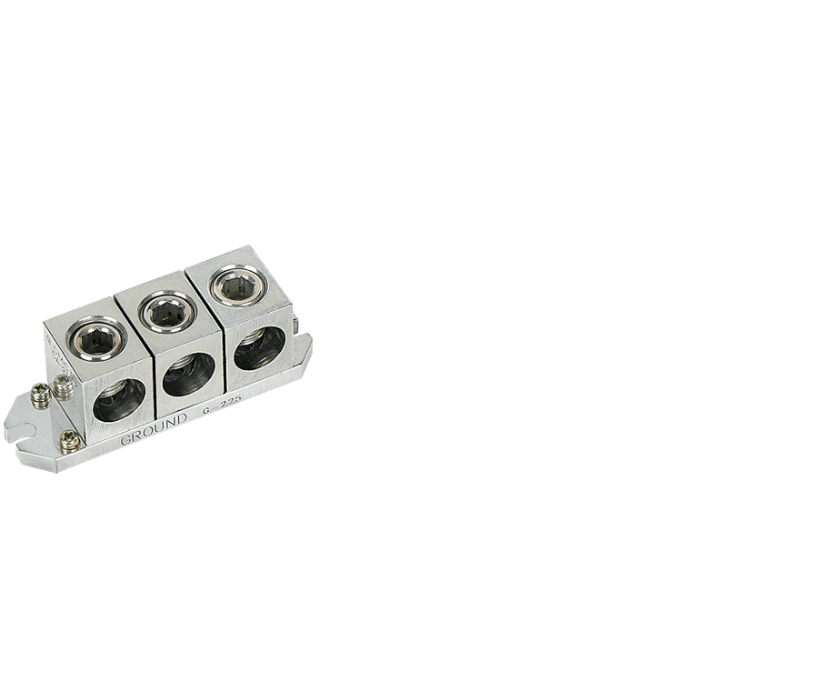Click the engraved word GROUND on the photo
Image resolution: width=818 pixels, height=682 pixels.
tap(154, 428)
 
